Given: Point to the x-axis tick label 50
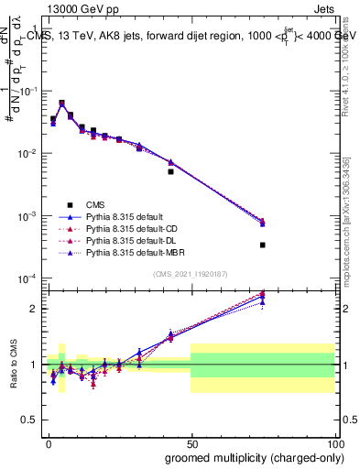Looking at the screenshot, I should (191, 442).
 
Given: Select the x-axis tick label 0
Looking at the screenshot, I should (49, 442).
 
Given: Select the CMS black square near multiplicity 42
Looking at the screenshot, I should (170, 171).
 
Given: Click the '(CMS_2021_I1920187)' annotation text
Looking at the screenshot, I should (191, 274).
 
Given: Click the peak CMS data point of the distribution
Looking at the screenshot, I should (61, 104).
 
